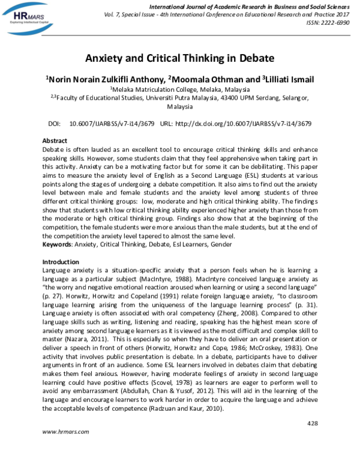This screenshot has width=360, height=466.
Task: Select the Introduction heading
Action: click(x=61, y=262)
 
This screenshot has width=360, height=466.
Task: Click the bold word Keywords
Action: click(x=59, y=244)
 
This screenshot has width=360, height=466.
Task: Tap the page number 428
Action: click(x=311, y=423)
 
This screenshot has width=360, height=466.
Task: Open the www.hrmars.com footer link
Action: click(x=62, y=449)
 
